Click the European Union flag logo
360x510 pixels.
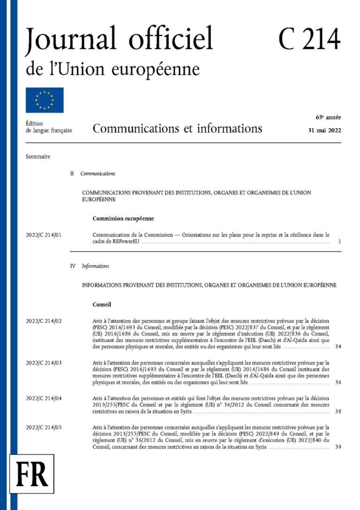tap(45, 100)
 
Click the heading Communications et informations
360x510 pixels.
tap(177, 129)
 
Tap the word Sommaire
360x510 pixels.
tap(38, 156)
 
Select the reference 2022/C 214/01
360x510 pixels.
tap(45, 235)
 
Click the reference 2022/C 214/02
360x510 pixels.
tap(45, 321)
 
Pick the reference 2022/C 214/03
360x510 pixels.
tap(45, 363)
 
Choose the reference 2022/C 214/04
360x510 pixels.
tap(45, 398)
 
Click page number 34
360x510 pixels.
tap(338, 347)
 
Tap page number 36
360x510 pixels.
tap(338, 382)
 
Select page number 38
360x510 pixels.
tap(338, 411)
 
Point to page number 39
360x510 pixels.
tap(338, 447)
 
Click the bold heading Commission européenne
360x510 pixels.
tap(123, 218)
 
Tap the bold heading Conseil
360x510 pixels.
tap(102, 304)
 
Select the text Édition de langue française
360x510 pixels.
tap(49, 127)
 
